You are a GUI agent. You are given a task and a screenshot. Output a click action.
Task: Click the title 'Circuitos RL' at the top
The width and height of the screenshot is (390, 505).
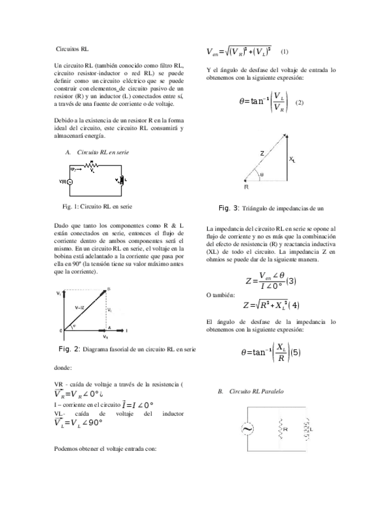coord(72,48)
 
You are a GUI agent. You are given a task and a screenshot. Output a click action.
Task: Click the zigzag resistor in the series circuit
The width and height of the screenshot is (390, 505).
coord(91,167)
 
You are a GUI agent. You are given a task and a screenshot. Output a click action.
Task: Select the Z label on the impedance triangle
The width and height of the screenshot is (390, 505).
coord(261,154)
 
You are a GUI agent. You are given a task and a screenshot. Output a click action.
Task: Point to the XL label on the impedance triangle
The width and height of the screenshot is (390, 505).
coord(292,159)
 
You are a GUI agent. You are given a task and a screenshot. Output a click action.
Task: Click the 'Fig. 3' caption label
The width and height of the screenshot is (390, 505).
coord(229,208)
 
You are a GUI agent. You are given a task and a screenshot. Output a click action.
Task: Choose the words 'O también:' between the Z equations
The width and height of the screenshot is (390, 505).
coord(220,295)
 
